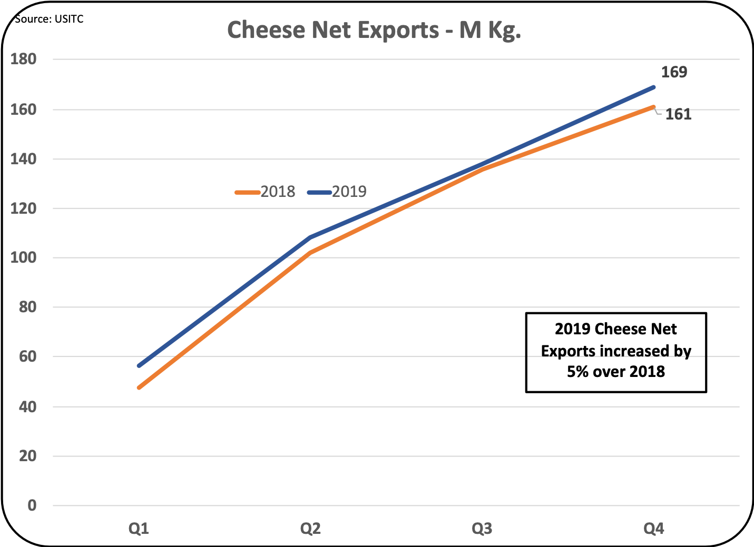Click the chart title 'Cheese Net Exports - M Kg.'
374,30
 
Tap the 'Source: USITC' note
49,19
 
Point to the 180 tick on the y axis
24,59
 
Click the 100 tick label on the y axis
24,258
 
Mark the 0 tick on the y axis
32,505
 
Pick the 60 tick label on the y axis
27,356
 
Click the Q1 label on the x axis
139,528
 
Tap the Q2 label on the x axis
310,528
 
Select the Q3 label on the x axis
482,528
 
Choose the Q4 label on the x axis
653,528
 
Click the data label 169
674,72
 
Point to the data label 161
678,114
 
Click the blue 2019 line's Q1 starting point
139,365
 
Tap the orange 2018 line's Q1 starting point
139,387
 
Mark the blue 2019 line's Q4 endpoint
653,87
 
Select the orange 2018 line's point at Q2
310,253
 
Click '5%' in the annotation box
578,372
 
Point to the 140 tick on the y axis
24,159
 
